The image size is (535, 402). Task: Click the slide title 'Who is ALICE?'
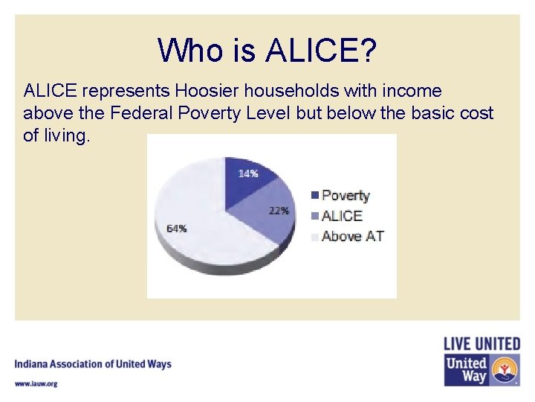267,51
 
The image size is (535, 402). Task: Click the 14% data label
248,173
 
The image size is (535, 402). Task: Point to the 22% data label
279,211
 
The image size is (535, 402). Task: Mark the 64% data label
176,229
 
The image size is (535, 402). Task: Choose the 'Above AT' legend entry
352,237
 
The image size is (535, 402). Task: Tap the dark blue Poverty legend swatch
315,196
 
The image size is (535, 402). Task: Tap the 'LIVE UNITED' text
481,344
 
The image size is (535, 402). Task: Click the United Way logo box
481,370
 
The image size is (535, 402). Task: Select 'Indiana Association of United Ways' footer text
93,364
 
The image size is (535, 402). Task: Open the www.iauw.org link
36,383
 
